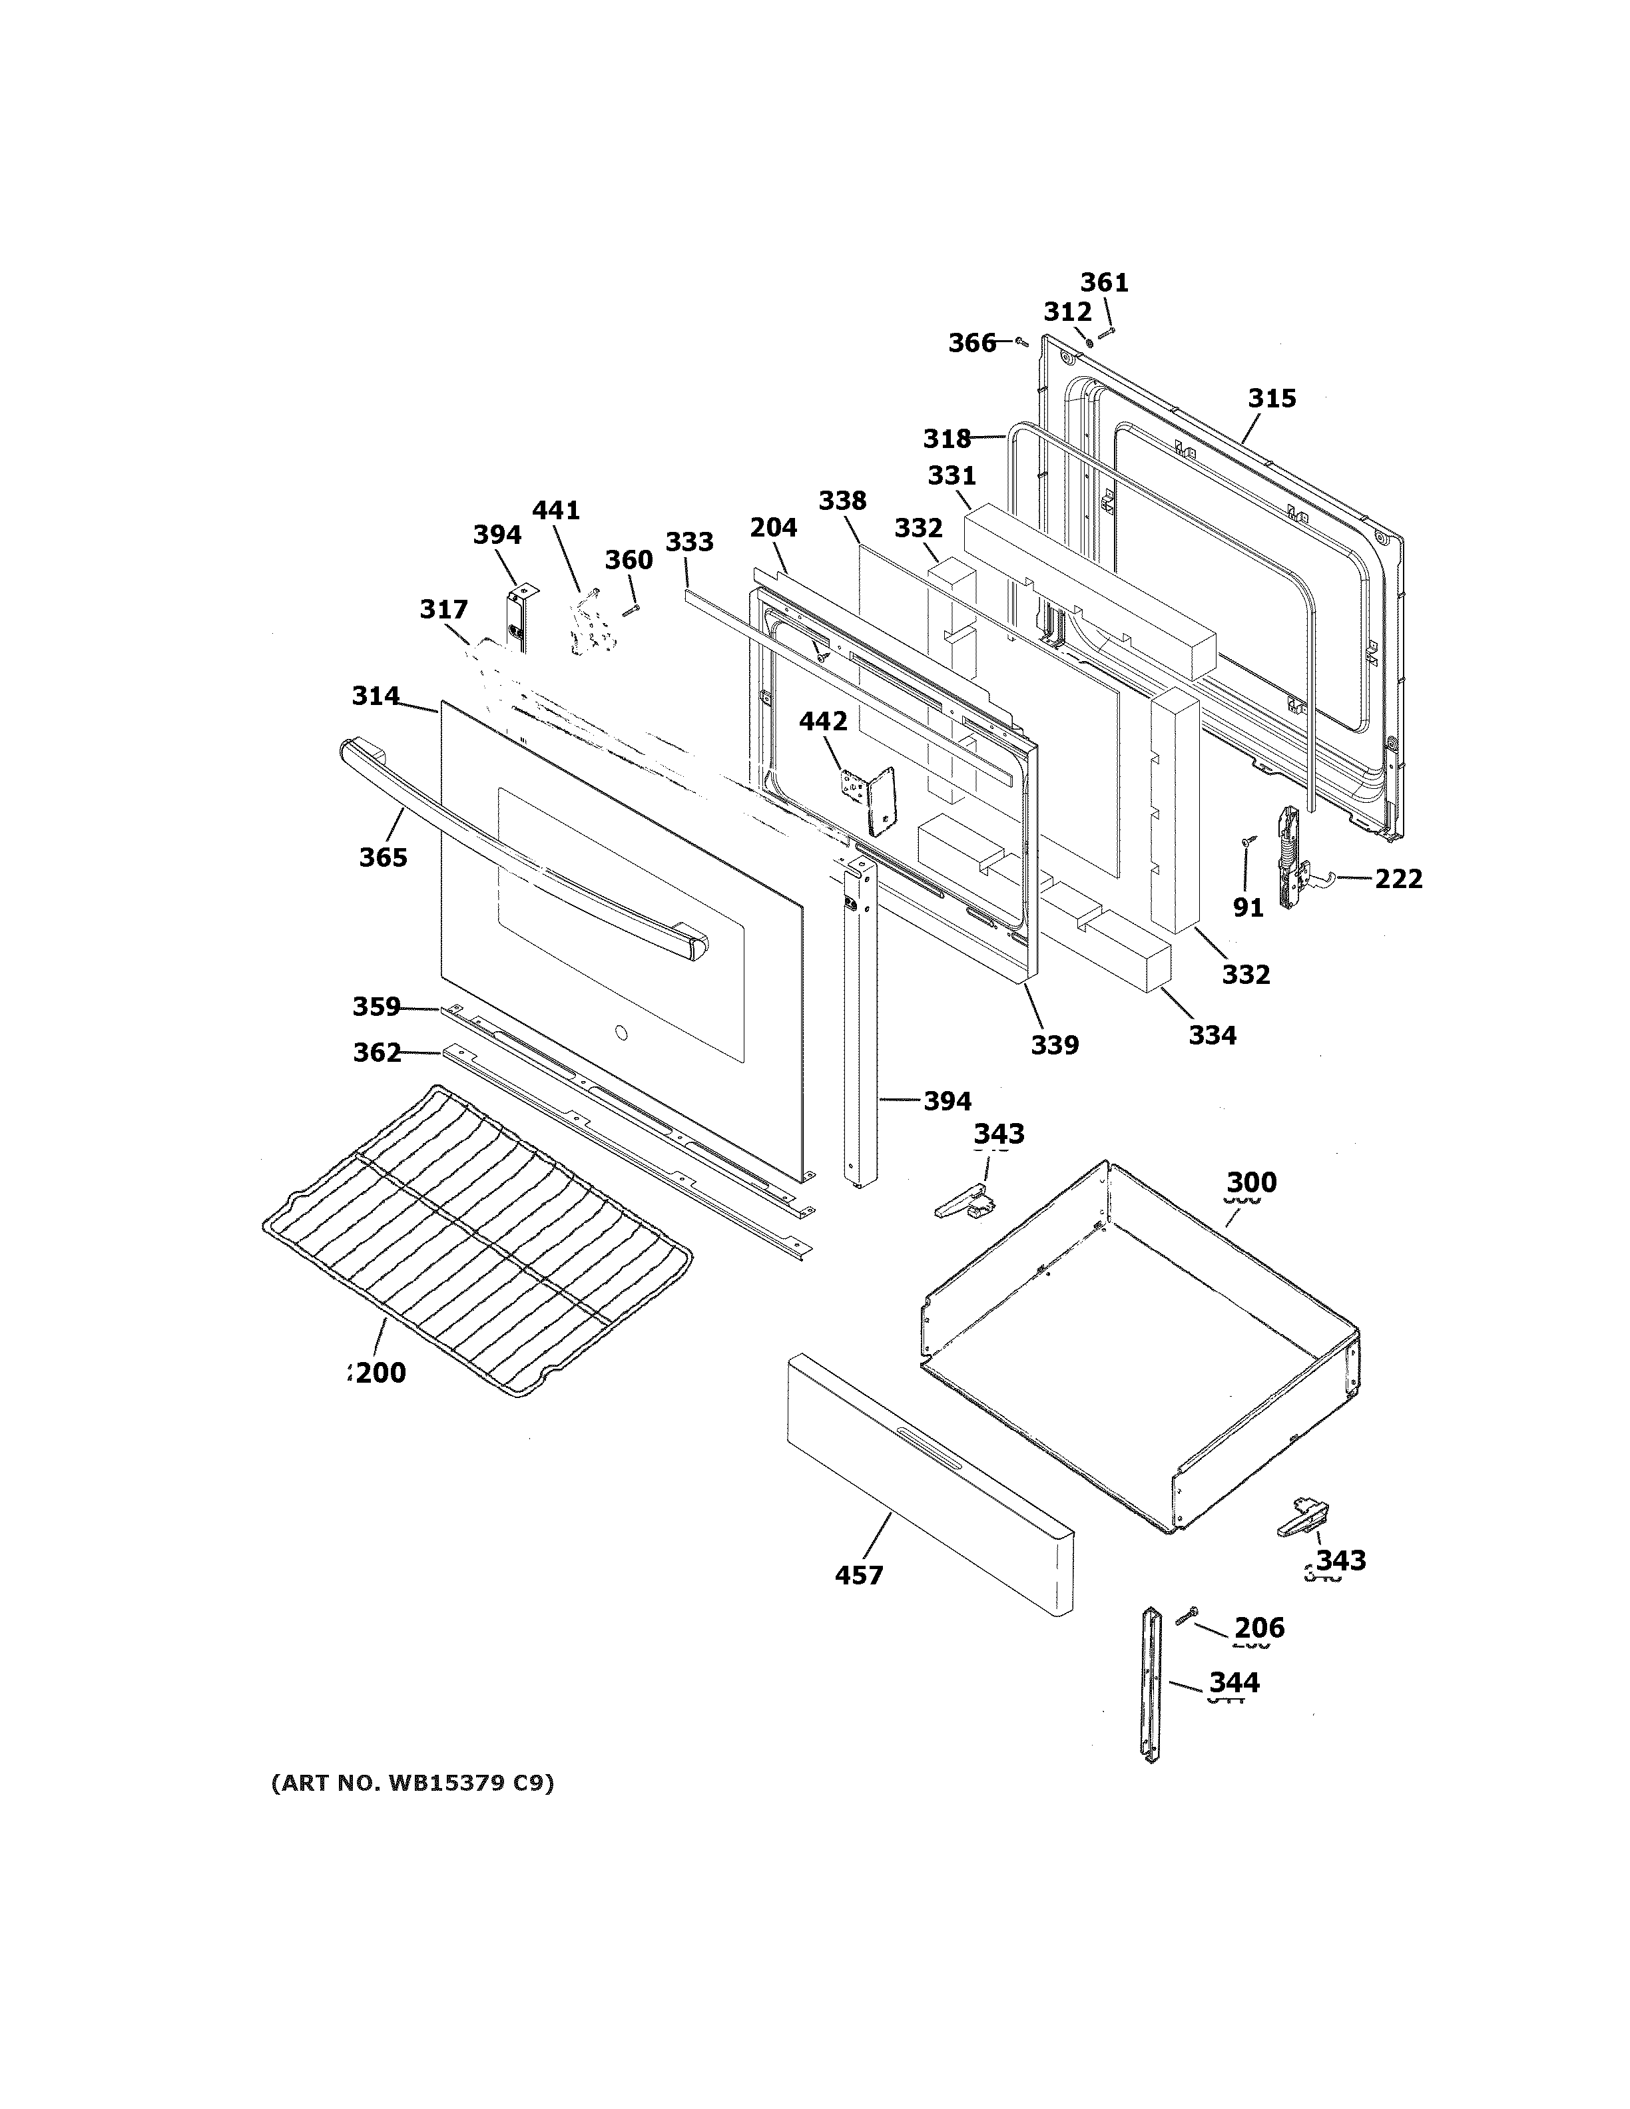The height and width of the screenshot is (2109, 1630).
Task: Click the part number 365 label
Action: click(384, 857)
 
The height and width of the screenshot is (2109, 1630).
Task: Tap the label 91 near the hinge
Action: click(1248, 908)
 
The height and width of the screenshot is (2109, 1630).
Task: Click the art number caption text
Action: click(412, 1783)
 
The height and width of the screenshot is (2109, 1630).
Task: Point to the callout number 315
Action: click(1272, 398)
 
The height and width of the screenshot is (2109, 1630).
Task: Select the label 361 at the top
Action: click(1104, 283)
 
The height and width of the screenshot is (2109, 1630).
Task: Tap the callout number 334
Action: click(1212, 1035)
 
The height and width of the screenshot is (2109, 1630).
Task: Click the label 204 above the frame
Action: click(774, 528)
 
